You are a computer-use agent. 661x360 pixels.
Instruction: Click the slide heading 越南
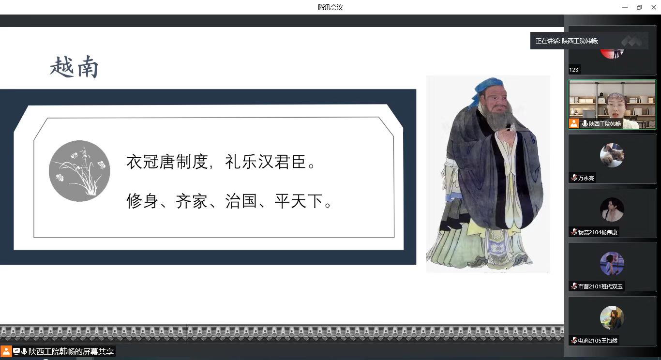74,67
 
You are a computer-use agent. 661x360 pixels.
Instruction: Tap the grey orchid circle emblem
79,171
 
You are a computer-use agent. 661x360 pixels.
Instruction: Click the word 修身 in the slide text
142,201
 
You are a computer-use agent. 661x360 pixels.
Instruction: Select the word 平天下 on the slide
299,201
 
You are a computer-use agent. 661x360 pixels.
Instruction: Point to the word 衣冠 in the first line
142,162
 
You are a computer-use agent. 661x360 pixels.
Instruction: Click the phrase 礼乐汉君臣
266,162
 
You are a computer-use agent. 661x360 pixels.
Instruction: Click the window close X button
654,7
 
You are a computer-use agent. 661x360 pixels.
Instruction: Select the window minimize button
624,7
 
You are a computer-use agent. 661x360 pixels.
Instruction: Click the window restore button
639,7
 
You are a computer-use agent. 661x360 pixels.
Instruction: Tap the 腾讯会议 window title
330,7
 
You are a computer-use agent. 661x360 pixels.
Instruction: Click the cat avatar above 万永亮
612,155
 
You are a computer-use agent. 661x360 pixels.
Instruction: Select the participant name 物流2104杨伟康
598,232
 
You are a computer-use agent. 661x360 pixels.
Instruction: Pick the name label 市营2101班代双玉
600,286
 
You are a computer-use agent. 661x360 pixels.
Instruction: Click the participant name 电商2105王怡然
598,341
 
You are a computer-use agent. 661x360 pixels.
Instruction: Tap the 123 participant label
573,70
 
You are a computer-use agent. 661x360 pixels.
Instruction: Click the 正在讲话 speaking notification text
567,41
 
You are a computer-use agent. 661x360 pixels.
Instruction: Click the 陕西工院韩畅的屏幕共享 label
71,351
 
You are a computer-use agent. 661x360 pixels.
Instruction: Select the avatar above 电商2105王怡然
612,318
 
